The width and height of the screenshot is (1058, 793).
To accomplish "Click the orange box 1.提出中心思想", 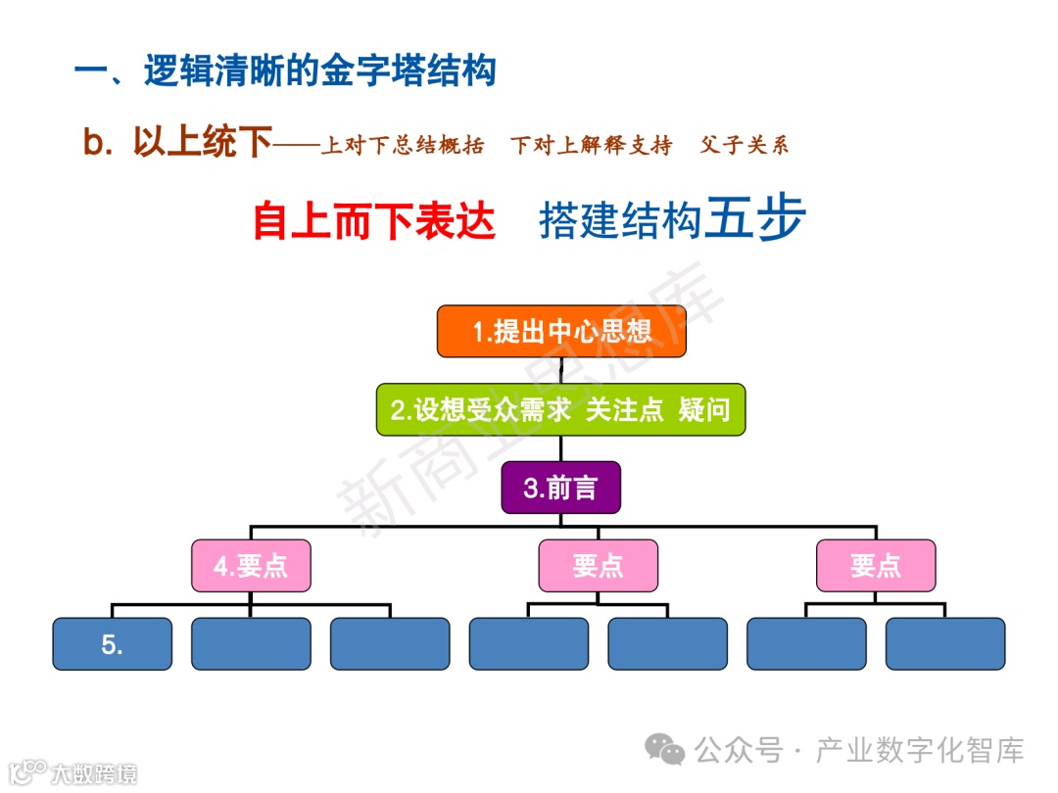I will [561, 331].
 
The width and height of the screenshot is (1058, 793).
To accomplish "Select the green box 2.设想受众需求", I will [561, 409].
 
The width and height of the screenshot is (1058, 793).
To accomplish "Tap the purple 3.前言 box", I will [561, 488].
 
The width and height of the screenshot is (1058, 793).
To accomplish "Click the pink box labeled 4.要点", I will [251, 566].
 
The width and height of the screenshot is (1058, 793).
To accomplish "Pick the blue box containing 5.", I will [112, 644].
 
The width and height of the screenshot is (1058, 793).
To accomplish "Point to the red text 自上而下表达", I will [374, 220].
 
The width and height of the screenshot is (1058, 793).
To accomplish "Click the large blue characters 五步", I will [756, 218].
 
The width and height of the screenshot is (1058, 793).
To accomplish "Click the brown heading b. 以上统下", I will [177, 144].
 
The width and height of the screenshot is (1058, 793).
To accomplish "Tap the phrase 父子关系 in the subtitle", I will [745, 146].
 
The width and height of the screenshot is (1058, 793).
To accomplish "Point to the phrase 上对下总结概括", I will [403, 146].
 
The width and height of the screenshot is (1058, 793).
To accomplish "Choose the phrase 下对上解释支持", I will [592, 146].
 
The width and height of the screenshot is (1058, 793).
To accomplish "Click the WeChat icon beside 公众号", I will [671, 752].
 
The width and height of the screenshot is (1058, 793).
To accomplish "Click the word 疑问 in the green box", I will [705, 409].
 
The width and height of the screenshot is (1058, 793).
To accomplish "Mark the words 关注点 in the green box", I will [625, 409].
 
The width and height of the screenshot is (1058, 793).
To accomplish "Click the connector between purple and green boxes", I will [561, 448].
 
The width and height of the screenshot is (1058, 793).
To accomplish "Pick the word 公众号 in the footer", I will [739, 752].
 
